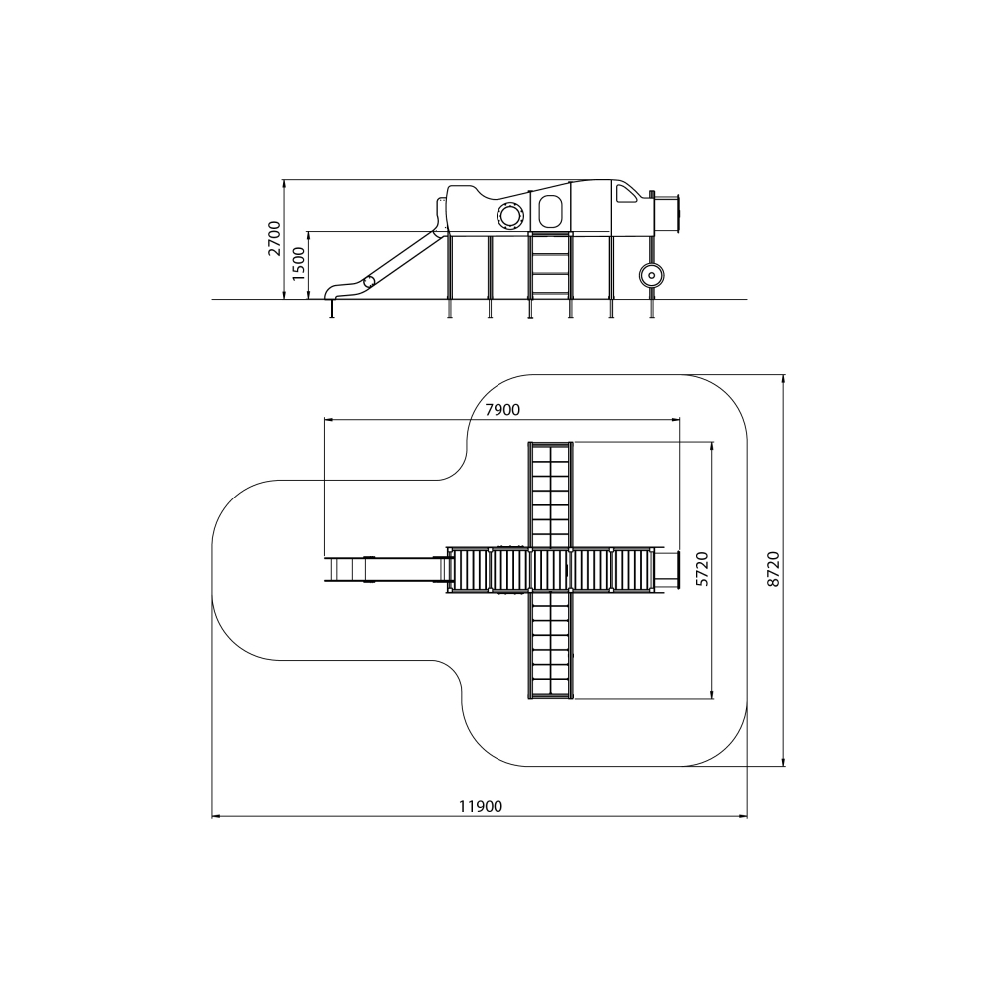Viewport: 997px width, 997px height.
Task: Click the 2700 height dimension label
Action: (x=274, y=238)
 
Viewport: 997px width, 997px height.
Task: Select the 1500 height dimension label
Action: (x=298, y=264)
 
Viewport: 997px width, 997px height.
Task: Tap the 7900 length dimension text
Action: (x=502, y=410)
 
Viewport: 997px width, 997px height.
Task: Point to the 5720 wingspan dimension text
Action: (x=701, y=569)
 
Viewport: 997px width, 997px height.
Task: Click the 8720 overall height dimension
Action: (x=773, y=569)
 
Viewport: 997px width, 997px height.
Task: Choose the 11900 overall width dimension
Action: (x=481, y=807)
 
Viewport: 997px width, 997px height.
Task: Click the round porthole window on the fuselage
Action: (x=509, y=215)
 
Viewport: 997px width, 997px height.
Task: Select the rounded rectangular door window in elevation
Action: (x=550, y=211)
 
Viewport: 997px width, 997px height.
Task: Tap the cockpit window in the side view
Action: (x=626, y=193)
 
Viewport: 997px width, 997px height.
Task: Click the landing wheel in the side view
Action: (x=651, y=275)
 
